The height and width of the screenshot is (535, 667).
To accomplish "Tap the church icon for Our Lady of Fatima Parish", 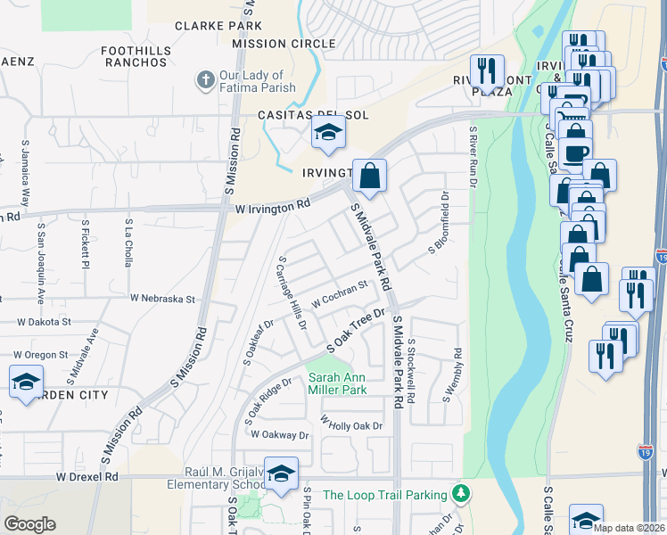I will pos(204,81).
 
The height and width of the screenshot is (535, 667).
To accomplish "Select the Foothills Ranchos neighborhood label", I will pos(135,57).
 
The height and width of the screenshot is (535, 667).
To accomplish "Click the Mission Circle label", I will pos(284,44).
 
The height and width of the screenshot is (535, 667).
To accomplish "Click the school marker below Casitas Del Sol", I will pos(327,135).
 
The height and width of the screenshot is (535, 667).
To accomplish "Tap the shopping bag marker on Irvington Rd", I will pos(369,176).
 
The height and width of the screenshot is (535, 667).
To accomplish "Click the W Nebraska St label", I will pos(162,300).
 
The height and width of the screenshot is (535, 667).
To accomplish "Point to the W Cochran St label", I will pos(339,295).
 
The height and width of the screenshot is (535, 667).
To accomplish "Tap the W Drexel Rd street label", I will pos(87,477).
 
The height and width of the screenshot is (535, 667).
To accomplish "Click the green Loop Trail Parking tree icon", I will pos(460,493).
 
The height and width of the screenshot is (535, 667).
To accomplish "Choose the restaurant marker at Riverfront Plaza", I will pos(487,70).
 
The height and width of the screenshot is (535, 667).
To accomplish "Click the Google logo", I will pos(29,524).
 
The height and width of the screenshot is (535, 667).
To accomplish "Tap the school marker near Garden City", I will pos(26,382).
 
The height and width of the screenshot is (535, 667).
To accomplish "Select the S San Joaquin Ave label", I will pos(41,248).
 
